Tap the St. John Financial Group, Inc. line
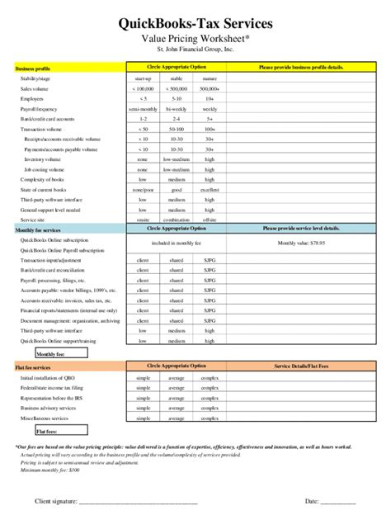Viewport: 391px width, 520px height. pos(195,50)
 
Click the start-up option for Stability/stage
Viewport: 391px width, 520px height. pos(144,78)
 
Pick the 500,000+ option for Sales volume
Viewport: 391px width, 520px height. pos(210,88)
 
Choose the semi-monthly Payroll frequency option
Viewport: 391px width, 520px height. pos(144,109)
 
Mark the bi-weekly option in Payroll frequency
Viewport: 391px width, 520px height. pos(177,109)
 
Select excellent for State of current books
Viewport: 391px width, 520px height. pos(210,189)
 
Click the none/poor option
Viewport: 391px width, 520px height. pos(144,189)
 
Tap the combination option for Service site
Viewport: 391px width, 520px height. pos(177,220)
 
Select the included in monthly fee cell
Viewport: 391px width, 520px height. pos(177,243)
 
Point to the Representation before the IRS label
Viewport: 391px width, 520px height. pos(53,398)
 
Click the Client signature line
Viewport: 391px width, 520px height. pos(115,501)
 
